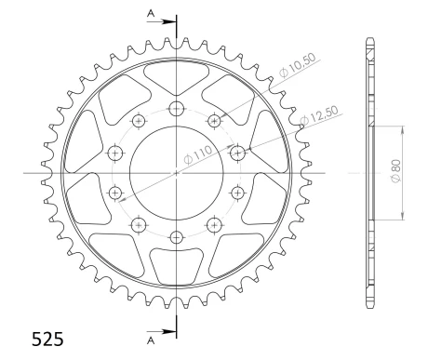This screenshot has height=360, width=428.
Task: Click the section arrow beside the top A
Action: pyautogui.click(x=163, y=19)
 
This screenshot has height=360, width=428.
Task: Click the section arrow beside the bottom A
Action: pyautogui.click(x=163, y=331)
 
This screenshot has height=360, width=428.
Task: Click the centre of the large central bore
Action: pyautogui.click(x=176, y=173)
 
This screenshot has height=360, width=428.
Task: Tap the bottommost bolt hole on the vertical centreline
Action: pyautogui.click(x=176, y=237)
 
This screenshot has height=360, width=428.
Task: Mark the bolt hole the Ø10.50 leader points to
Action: pyautogui.click(x=214, y=120)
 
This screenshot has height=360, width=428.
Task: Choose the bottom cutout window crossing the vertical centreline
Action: pyautogui.click(x=176, y=267)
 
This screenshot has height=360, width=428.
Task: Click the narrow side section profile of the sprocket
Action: pyautogui.click(x=370, y=173)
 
